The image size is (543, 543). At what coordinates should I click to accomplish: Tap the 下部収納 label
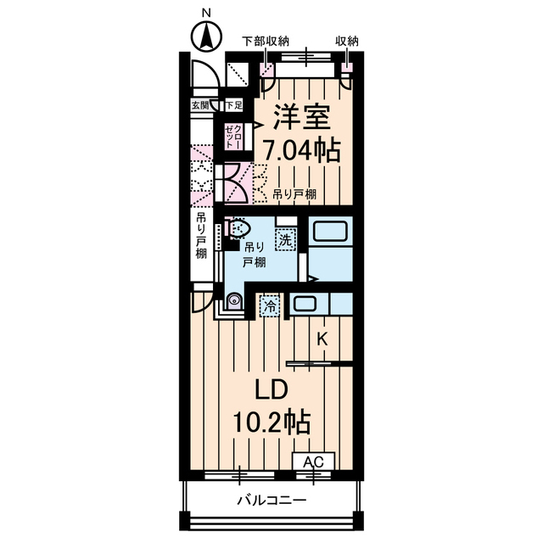[266, 40]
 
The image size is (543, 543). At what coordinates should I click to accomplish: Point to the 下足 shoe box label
[233, 105]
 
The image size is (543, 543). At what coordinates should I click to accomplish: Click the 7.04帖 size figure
[301, 150]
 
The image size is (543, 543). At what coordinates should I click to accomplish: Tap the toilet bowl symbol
[240, 228]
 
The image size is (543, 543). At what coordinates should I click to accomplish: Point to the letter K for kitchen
[322, 339]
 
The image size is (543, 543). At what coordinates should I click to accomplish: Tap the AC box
[313, 462]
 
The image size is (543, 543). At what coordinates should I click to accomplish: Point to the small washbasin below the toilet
[232, 299]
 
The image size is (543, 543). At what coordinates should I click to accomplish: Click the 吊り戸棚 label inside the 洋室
[295, 194]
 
